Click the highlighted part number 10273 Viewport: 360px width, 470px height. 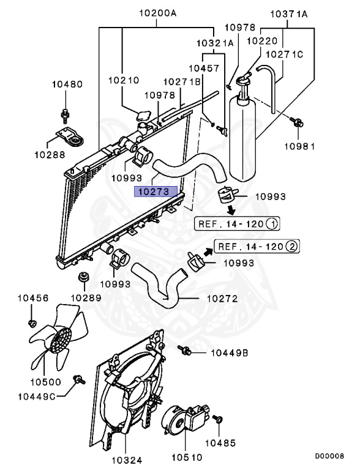click(156, 192)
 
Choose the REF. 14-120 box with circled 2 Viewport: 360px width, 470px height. click(250, 247)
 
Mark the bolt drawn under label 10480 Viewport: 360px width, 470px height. click(65, 114)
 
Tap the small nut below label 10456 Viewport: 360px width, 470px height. click(32, 322)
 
